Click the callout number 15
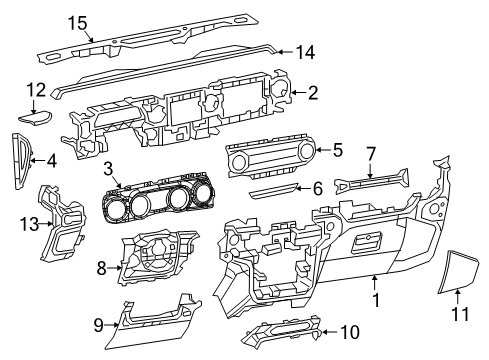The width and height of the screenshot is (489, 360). point(77,22)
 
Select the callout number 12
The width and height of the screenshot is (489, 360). point(36,90)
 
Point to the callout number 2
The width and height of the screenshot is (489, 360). point(313,94)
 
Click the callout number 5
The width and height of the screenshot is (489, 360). point(337,151)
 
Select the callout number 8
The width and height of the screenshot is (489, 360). point(103,267)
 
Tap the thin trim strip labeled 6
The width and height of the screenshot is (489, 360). point(271,189)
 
